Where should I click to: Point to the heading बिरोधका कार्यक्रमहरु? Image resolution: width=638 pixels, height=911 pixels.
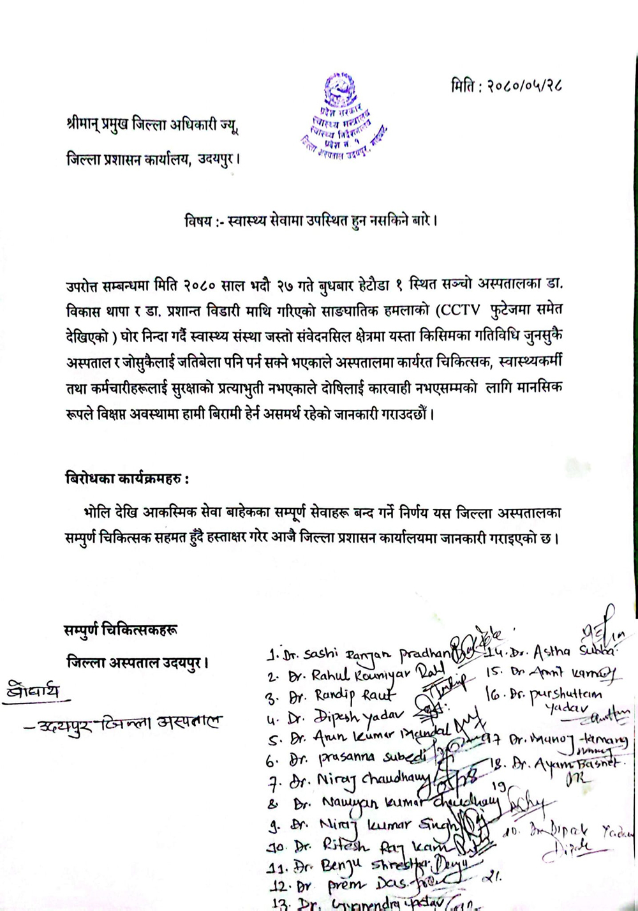(127, 479)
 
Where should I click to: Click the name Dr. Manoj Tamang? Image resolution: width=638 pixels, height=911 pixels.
(568, 741)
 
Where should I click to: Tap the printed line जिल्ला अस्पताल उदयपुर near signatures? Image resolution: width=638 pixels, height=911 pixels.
(138, 663)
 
